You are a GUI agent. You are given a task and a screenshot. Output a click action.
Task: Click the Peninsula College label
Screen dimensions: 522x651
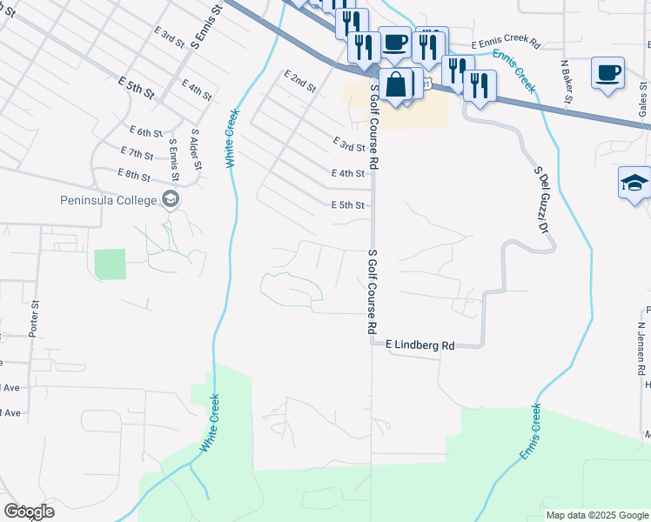coord(108,201)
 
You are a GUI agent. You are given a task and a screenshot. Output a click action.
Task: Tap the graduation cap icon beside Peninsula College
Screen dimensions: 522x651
coord(170,200)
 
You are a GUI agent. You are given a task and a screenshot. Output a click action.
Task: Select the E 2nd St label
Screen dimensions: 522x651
coord(299,83)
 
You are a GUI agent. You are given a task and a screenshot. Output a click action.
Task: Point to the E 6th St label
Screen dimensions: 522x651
coord(145,132)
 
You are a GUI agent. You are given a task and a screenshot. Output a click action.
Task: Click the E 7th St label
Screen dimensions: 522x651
coord(138,154)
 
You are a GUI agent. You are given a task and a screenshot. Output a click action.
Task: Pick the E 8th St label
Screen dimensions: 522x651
coord(134,175)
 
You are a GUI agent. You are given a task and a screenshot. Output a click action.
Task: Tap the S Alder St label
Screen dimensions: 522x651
coord(195,150)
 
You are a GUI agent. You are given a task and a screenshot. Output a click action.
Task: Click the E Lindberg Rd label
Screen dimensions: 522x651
coord(419,345)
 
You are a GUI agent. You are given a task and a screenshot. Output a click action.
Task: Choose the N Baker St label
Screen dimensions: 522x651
coord(566,81)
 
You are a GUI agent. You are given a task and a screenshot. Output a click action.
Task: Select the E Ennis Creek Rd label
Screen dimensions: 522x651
coord(506,43)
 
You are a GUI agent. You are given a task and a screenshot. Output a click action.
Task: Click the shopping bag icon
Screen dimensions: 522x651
coord(396,85)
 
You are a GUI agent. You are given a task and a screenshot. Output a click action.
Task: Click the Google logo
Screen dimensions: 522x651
coord(29,512)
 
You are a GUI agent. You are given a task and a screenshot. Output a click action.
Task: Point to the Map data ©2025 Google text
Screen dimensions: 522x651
coord(597,515)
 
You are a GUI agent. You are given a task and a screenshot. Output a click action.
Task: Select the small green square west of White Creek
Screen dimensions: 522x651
coord(111,264)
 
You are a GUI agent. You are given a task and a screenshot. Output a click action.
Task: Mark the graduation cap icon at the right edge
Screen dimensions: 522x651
coord(634,183)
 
